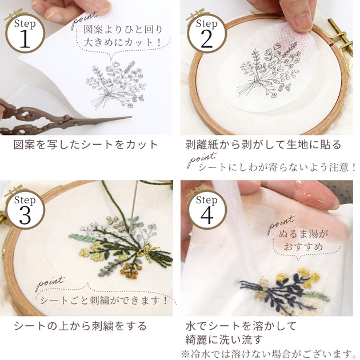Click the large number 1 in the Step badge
coord(25,39)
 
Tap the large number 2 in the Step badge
coord(207,39)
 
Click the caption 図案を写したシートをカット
coord(86,145)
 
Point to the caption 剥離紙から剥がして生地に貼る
coord(263,145)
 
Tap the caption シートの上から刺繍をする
coord(80,326)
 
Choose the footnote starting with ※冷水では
coord(270,354)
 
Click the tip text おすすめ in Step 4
coord(303,247)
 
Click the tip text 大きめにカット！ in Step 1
coord(122,42)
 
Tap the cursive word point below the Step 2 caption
coord(202,159)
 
